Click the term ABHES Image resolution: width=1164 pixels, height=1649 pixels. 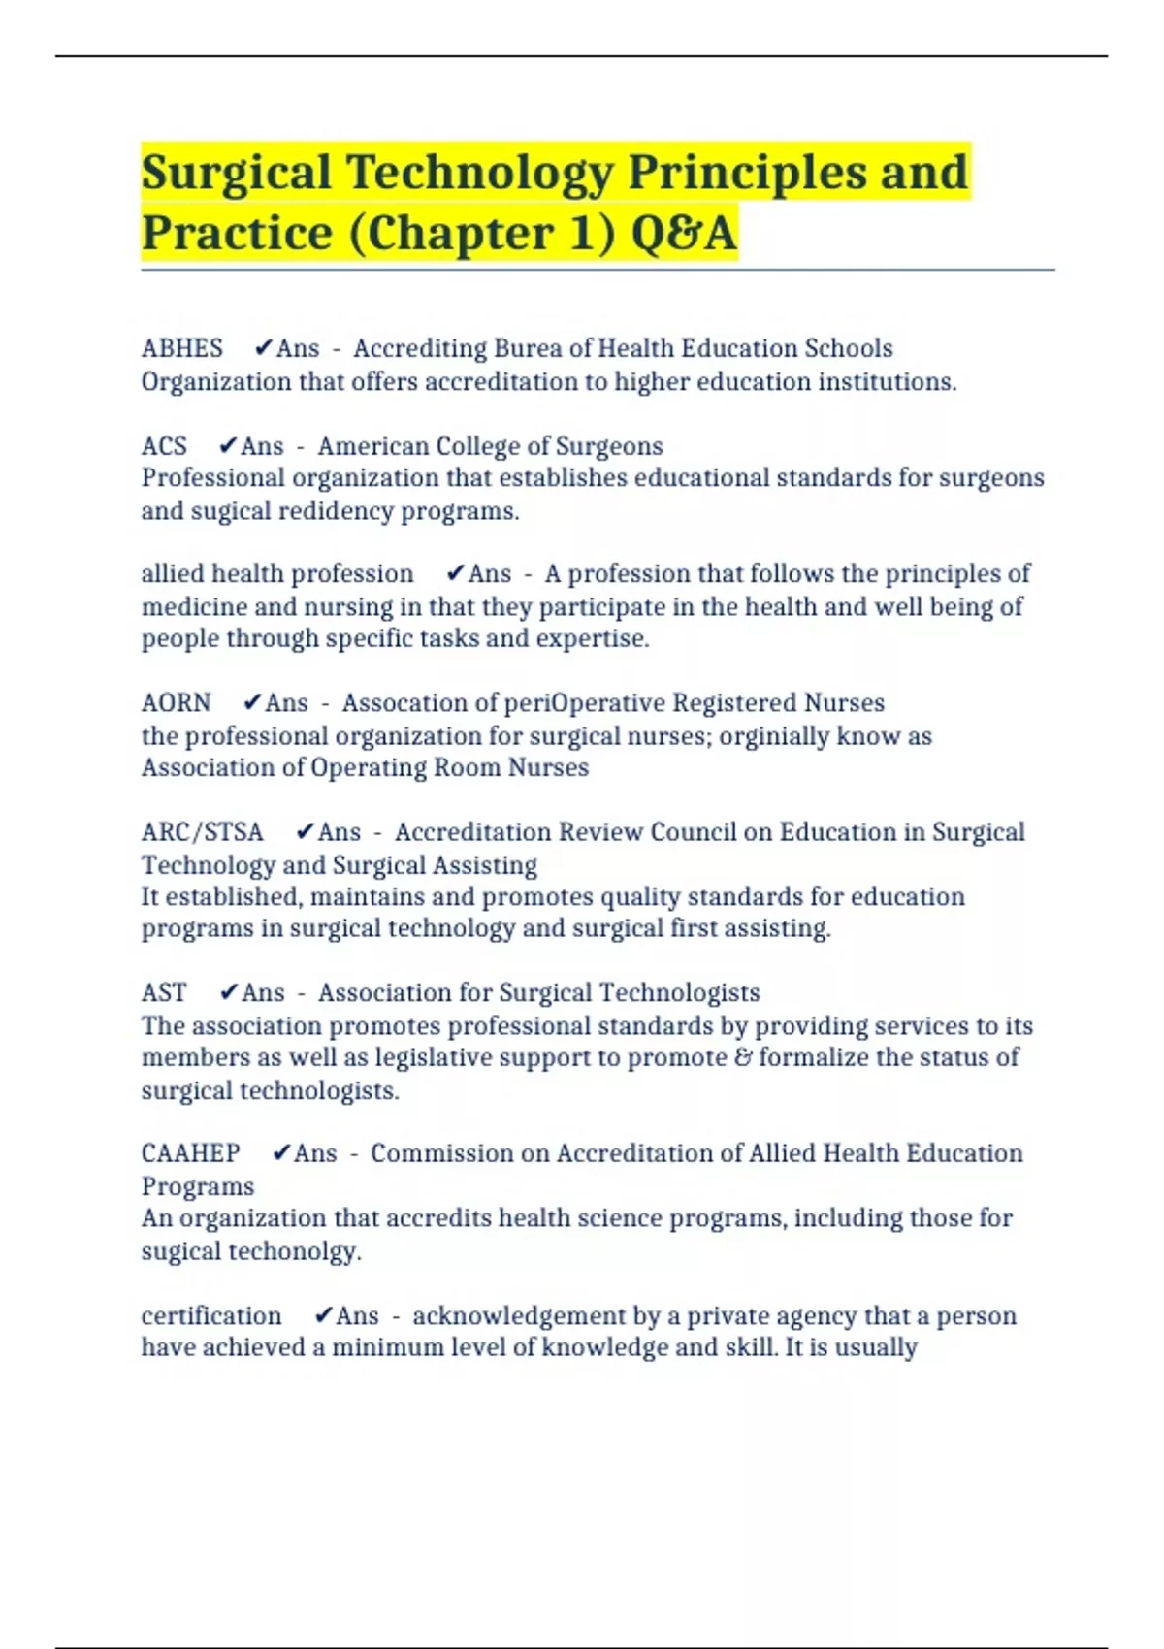pyautogui.click(x=181, y=348)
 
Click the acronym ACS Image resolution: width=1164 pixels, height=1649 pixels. pyautogui.click(x=164, y=446)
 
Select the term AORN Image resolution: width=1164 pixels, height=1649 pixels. pyautogui.click(x=176, y=702)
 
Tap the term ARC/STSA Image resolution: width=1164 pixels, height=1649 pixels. pyautogui.click(x=202, y=832)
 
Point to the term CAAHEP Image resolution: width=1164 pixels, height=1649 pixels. pyautogui.click(x=190, y=1153)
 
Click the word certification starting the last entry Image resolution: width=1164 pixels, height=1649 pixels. pyautogui.click(x=211, y=1315)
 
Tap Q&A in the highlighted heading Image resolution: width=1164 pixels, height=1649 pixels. pyautogui.click(x=684, y=233)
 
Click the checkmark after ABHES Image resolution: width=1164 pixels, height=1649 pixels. pyautogui.click(x=262, y=348)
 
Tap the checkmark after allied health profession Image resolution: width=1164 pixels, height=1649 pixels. pyautogui.click(x=455, y=573)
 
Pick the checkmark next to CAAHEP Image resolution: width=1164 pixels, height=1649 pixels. pyautogui.click(x=281, y=1153)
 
